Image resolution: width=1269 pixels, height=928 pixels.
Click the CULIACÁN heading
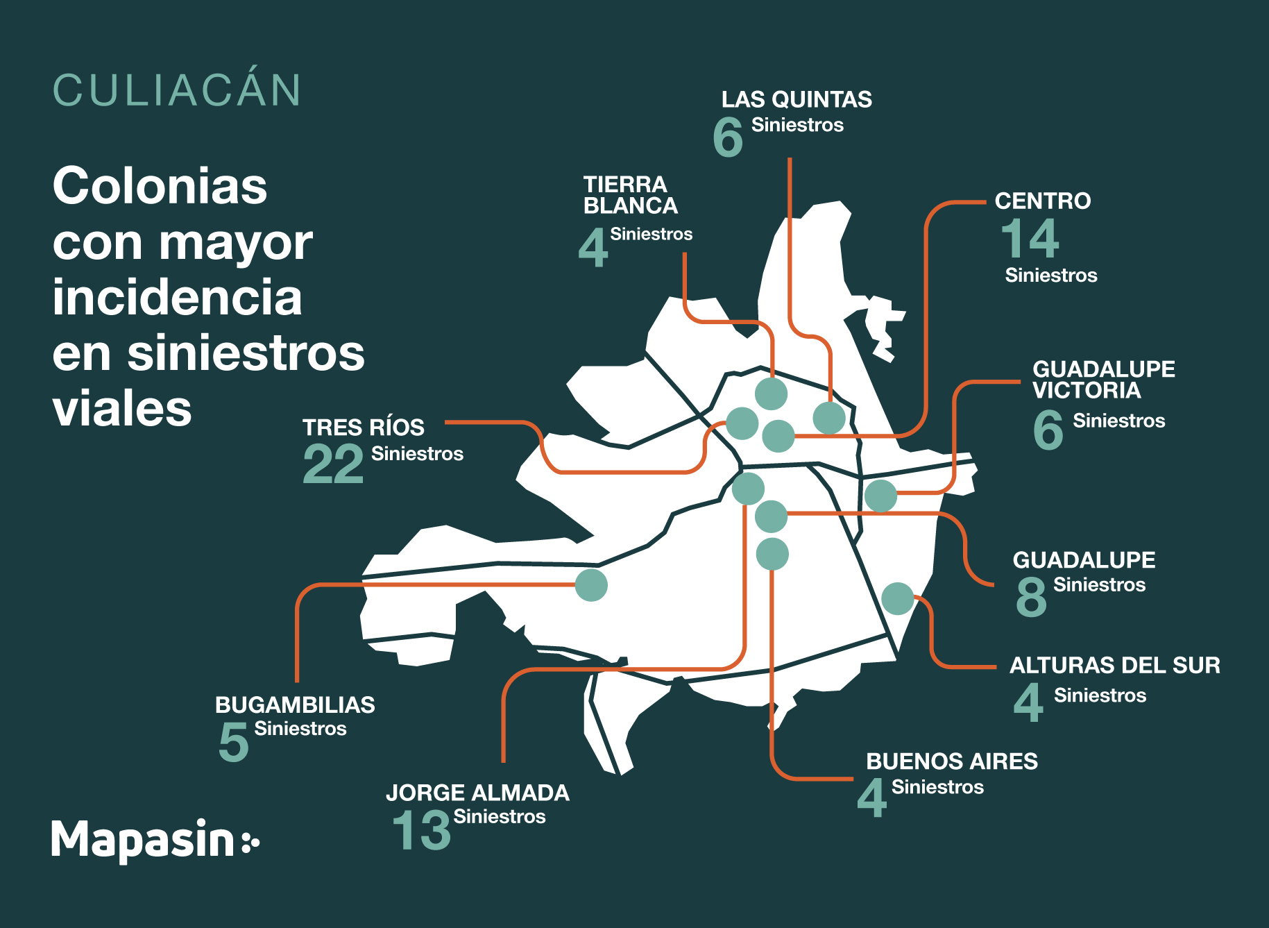(x=177, y=90)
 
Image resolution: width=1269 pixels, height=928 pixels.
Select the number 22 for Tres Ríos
(x=333, y=464)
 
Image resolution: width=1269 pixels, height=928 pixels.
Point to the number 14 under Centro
(x=1030, y=238)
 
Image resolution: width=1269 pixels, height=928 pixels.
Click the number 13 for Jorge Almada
(x=421, y=830)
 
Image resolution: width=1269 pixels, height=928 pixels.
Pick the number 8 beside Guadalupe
(x=1031, y=596)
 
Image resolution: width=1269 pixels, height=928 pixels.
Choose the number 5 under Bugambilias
(x=234, y=741)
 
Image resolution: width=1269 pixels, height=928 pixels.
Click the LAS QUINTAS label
(x=797, y=100)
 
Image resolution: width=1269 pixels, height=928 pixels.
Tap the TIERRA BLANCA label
(x=630, y=195)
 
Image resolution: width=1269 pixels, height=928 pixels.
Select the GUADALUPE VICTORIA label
(x=1103, y=380)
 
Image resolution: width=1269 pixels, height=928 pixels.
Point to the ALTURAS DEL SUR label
(x=1114, y=665)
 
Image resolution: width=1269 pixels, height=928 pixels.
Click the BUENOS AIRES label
(x=952, y=761)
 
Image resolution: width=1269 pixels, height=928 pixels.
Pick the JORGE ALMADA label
(x=477, y=793)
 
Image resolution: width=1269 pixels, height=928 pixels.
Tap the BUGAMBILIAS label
(x=295, y=705)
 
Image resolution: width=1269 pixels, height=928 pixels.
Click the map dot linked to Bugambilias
(x=591, y=584)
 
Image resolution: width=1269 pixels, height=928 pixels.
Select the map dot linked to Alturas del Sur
(x=898, y=598)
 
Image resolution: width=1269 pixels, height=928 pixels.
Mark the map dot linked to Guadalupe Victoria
(x=881, y=496)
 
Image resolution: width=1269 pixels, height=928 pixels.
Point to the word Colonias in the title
(x=160, y=186)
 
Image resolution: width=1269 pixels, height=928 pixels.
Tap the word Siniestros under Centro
(x=1051, y=276)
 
